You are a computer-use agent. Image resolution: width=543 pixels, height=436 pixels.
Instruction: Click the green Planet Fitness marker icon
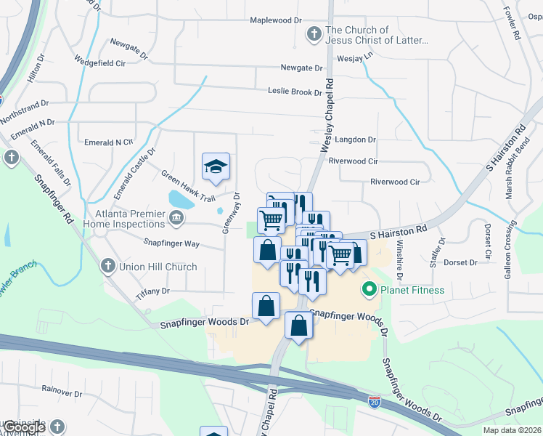pos(369,291)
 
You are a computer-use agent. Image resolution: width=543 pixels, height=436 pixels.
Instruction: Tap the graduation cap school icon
pos(216,167)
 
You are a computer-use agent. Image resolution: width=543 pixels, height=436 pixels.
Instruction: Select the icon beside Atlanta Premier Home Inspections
pos(176,217)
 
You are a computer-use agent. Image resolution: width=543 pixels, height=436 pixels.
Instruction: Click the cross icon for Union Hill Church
pos(108,267)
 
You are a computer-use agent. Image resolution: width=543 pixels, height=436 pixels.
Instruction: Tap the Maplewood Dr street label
pos(275,20)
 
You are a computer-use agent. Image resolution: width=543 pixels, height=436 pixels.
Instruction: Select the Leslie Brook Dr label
pos(295,92)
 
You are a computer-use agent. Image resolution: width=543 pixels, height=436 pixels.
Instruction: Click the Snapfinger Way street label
pos(171,243)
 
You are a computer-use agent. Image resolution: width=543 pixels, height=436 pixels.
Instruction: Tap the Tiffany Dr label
pos(152,291)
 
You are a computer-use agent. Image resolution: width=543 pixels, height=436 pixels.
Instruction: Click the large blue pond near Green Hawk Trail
pos(180,198)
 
